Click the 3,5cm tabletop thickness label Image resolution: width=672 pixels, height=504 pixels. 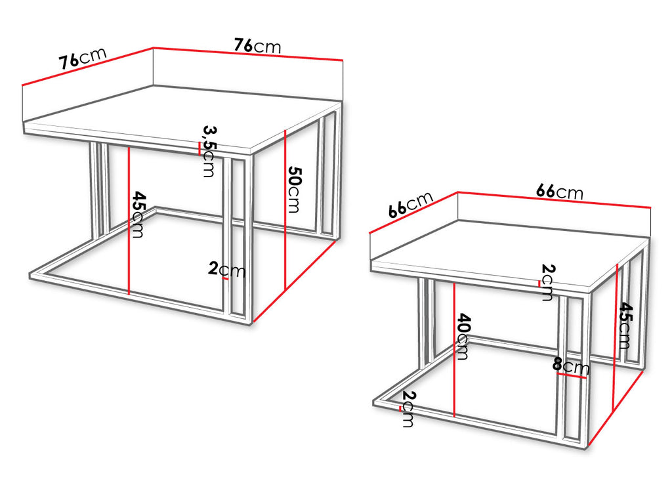point(209,151)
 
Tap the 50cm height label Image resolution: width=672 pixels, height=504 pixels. point(293,189)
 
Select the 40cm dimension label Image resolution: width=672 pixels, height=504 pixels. point(463,337)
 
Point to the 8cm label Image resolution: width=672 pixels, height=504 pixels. point(571,366)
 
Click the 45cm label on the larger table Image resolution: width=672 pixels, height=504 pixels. point(139,215)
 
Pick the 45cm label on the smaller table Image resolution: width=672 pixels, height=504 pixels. point(625,325)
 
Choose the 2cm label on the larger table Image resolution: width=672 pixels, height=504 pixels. point(226,270)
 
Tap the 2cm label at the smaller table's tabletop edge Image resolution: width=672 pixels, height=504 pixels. point(547,282)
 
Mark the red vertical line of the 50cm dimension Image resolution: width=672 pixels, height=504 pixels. point(285,210)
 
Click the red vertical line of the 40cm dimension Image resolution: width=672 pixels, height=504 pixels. point(454,350)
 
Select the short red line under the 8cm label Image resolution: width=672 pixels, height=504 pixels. point(572,376)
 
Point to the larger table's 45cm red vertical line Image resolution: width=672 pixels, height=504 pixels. point(129,220)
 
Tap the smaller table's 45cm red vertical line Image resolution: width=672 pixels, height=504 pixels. point(616,336)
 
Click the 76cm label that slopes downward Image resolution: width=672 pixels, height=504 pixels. point(257,45)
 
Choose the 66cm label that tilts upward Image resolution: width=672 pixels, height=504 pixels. point(411,205)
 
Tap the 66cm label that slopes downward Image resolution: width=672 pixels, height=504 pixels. point(560,192)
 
